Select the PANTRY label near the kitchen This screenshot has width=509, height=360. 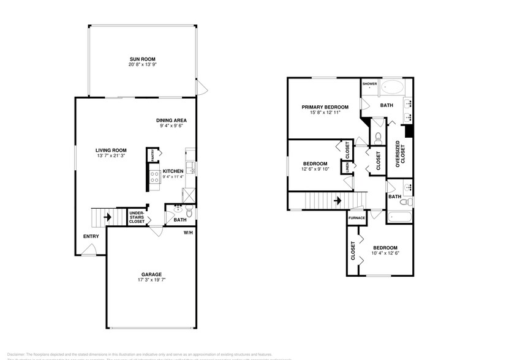click(x=153, y=155)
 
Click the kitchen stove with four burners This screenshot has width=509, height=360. click(x=154, y=177)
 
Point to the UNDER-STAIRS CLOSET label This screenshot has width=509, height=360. click(x=137, y=217)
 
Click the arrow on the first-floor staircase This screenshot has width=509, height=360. click(x=107, y=217)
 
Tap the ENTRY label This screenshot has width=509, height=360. click(x=91, y=237)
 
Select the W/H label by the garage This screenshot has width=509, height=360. click(x=188, y=233)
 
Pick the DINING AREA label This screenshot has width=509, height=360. click(x=172, y=120)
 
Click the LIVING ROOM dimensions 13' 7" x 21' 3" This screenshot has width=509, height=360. click(x=110, y=156)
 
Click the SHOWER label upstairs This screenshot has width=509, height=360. click(x=369, y=84)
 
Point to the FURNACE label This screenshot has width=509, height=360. click(x=356, y=218)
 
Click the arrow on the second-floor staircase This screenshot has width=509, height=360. click(x=337, y=200)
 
